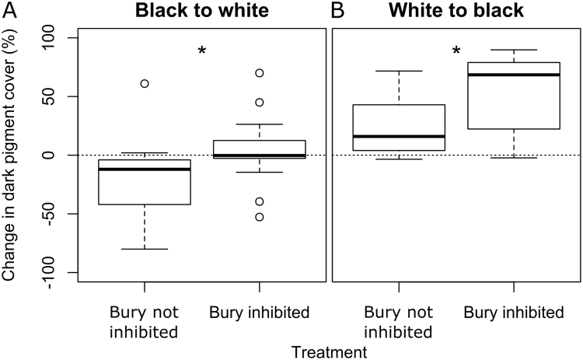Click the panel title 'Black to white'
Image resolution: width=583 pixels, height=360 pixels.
[x=201, y=12]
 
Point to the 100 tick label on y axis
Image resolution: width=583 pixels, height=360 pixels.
[x=55, y=38]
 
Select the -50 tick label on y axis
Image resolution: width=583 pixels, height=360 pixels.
[x=55, y=214]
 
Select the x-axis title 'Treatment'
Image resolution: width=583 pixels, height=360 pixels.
[x=330, y=351]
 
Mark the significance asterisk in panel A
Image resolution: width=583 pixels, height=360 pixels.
[x=202, y=52]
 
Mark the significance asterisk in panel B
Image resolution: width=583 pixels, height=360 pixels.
[x=457, y=52]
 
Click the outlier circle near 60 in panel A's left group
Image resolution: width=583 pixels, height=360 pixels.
[x=145, y=83]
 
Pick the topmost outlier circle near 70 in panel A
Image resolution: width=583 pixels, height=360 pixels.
[x=259, y=73]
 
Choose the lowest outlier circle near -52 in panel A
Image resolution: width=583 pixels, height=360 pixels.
[x=259, y=217]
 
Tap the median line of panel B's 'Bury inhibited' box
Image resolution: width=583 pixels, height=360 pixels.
[x=515, y=75]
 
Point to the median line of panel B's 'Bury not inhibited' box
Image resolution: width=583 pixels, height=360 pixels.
[x=399, y=136]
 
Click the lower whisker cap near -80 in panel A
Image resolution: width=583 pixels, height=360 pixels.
[x=145, y=249]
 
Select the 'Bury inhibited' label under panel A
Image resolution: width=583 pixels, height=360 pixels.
[x=260, y=313]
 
